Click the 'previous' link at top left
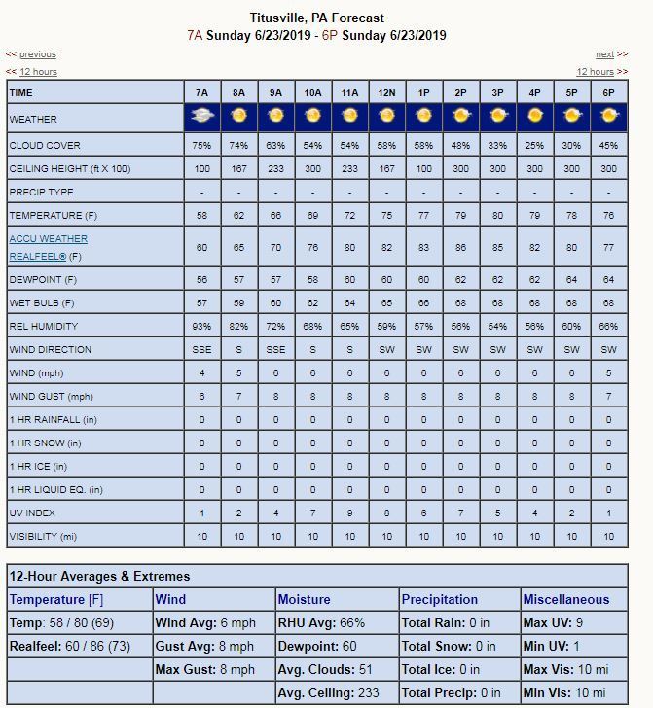tap(37, 54)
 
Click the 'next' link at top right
tap(604, 54)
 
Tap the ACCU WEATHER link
tap(48, 238)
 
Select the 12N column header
tap(386, 92)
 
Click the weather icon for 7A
tap(201, 117)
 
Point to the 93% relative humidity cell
tap(201, 326)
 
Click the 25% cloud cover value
tap(534, 145)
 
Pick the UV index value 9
tap(349, 513)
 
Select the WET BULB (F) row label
tap(43, 302)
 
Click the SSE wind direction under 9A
tap(275, 349)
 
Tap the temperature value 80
tap(497, 215)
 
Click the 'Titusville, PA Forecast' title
tap(316, 18)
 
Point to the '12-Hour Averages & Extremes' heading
tap(99, 576)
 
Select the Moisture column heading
tap(304, 599)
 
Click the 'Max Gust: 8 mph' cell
tap(204, 669)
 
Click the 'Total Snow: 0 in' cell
tap(449, 646)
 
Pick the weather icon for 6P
tap(608, 117)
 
